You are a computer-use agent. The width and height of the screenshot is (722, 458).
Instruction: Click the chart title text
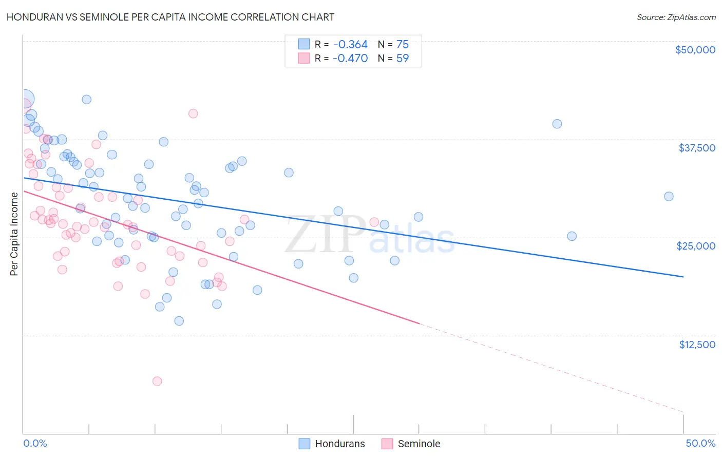click(x=170, y=17)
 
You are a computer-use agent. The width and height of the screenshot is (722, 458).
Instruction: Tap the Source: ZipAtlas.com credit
click(x=676, y=17)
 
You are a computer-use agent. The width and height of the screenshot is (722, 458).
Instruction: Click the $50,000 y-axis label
click(x=695, y=50)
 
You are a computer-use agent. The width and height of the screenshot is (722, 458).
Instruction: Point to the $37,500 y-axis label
click(x=696, y=148)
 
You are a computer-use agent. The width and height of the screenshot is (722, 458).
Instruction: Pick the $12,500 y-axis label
click(x=697, y=345)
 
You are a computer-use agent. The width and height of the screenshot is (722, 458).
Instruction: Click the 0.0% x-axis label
click(x=35, y=443)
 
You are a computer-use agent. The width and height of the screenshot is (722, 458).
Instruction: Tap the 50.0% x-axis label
click(x=700, y=443)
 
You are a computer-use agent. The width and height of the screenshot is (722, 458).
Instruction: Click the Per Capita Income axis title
click(x=14, y=234)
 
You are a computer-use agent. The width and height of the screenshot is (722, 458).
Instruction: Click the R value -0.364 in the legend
click(x=350, y=45)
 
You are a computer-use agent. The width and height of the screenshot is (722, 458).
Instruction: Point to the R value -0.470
click(x=350, y=59)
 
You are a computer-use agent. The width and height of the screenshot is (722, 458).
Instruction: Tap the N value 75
click(x=403, y=45)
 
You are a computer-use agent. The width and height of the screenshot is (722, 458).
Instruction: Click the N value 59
click(x=403, y=59)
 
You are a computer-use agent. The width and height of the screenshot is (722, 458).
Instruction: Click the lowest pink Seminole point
click(x=157, y=381)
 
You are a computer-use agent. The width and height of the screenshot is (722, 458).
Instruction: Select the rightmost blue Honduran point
click(x=669, y=196)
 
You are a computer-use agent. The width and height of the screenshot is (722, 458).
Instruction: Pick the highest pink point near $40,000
click(x=193, y=113)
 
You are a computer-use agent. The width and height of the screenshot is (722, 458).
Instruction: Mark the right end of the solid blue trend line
click(x=683, y=277)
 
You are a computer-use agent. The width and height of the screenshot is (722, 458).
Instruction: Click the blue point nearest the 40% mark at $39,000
click(x=557, y=124)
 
